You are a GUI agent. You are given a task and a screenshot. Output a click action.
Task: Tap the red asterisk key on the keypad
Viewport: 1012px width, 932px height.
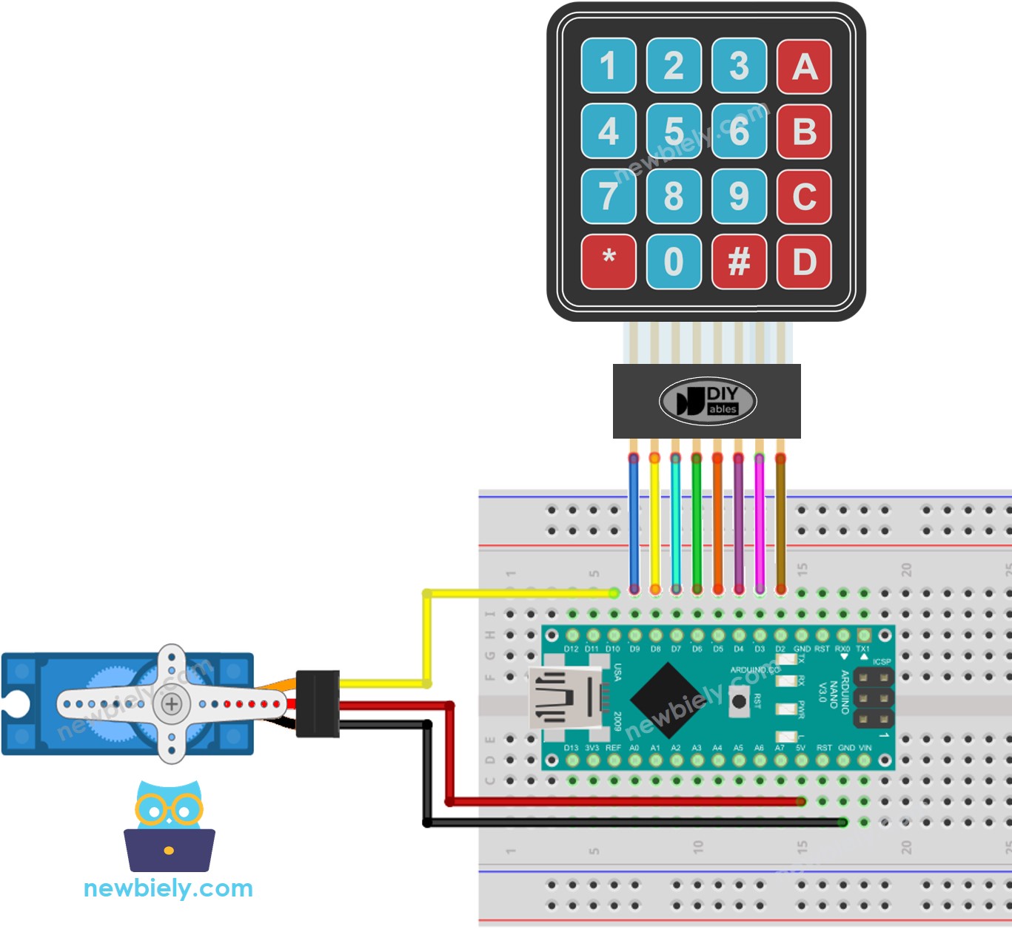[x=608, y=261]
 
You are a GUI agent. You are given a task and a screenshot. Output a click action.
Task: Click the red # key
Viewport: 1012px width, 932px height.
[x=739, y=261]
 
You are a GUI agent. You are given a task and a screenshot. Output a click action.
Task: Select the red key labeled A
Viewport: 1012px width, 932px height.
[x=804, y=67]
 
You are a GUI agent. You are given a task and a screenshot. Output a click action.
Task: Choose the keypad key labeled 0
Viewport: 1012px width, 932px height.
[x=674, y=261]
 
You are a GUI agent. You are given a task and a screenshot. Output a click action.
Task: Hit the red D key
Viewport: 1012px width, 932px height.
[x=804, y=261]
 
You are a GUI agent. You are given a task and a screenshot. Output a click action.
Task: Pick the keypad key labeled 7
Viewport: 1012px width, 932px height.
[x=608, y=196]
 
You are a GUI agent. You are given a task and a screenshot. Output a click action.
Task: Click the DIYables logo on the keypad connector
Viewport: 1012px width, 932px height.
[x=707, y=402]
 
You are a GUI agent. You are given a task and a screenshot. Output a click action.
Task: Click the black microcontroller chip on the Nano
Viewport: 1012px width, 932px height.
[x=668, y=700]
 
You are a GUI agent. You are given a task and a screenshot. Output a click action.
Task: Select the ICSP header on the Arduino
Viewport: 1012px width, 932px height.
[x=874, y=698]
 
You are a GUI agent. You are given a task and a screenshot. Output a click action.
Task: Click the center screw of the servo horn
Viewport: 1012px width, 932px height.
[x=172, y=703]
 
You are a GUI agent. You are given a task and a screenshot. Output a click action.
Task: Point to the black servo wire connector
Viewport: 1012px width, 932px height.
[x=318, y=703]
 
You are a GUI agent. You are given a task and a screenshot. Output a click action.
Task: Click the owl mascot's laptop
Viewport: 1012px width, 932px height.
[x=170, y=850]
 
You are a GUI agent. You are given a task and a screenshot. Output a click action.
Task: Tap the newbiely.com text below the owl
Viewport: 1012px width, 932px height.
[x=168, y=888]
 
